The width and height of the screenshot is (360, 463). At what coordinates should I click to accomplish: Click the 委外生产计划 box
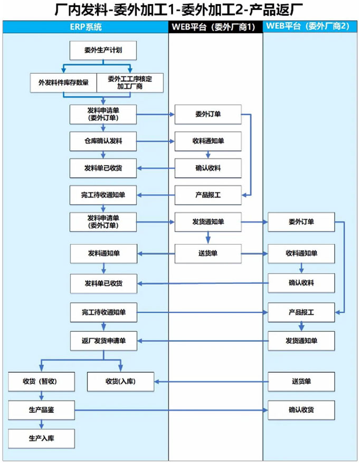[103, 51]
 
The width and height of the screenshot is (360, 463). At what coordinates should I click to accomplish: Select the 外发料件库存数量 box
[63, 83]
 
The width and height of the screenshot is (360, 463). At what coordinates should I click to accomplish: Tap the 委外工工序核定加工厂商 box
[130, 83]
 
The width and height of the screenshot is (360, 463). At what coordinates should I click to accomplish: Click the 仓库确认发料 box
[103, 141]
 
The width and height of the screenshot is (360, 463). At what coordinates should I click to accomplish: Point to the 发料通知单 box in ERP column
[104, 253]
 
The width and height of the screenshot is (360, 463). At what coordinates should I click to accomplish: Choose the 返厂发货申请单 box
[104, 341]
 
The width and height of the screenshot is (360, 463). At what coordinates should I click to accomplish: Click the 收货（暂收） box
[41, 381]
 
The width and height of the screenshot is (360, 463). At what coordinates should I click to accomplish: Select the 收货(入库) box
[120, 381]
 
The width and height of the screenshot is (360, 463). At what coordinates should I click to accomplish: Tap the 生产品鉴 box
[41, 410]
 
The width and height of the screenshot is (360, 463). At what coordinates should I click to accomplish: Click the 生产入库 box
[41, 439]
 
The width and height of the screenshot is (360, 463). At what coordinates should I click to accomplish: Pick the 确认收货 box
[301, 410]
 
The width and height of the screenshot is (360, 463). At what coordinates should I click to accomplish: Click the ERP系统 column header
[86, 27]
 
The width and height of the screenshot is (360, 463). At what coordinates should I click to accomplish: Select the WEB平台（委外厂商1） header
[216, 27]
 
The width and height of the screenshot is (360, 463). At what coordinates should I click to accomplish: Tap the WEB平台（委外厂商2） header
[310, 27]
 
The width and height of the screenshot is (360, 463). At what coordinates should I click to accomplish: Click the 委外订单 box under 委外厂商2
[301, 222]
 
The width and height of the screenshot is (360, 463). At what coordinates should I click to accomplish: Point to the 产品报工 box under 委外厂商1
[208, 195]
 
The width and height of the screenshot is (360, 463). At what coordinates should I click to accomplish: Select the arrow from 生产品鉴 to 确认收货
[172, 410]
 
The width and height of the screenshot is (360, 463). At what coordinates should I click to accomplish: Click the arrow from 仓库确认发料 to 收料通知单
[156, 141]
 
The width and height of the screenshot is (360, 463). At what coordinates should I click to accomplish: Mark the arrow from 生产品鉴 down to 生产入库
[41, 425]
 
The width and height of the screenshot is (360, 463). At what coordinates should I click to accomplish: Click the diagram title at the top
[179, 9]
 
